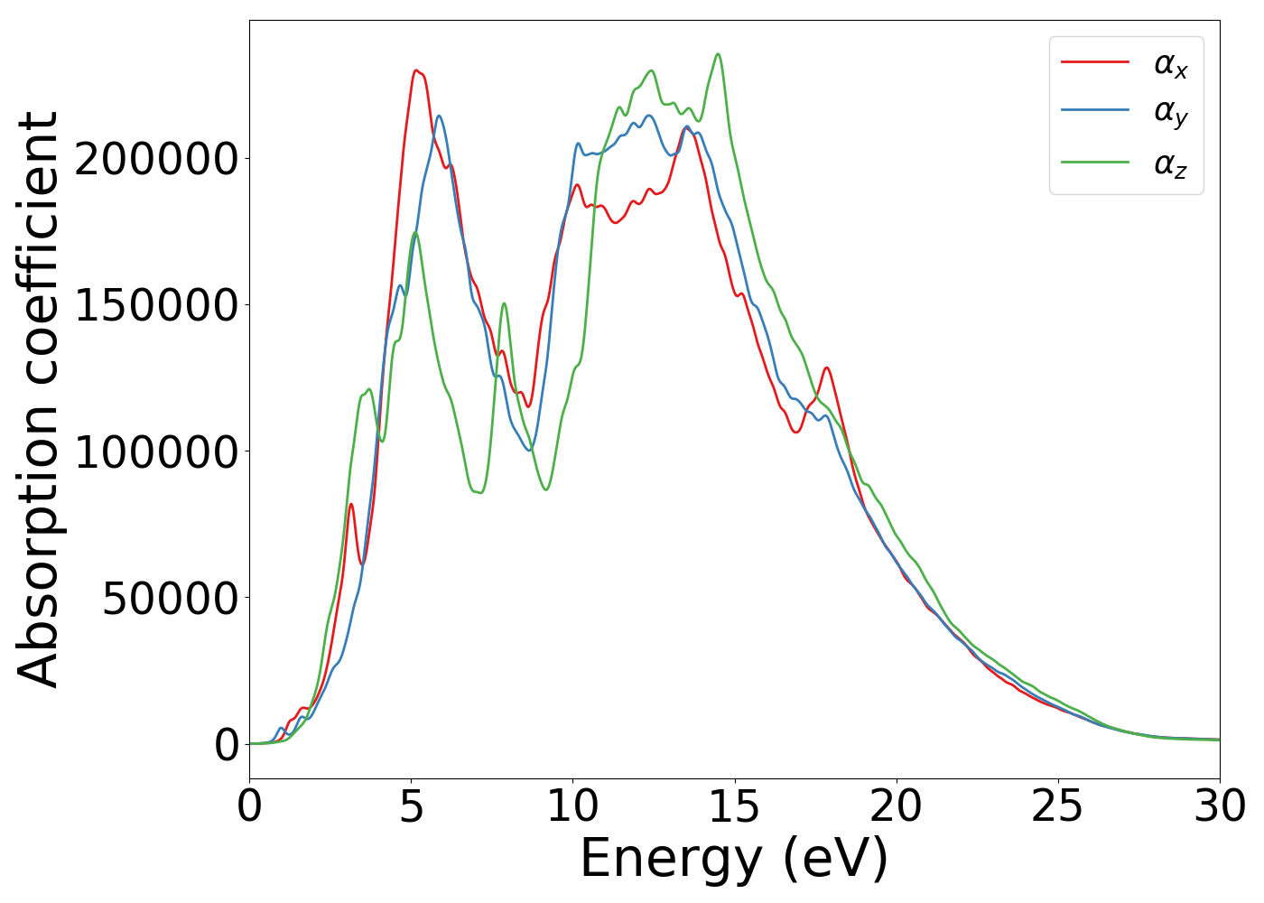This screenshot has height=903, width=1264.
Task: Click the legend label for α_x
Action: [x=1171, y=64]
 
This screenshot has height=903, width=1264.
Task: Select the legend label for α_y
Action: [x=1171, y=113]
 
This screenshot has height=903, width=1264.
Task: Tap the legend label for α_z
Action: [x=1171, y=164]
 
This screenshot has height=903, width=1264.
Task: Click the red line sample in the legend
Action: [x=1094, y=61]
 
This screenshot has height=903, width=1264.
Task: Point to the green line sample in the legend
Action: [x=1094, y=163]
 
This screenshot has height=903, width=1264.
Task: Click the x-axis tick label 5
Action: [x=411, y=806]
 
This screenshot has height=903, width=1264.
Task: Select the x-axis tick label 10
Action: [x=572, y=806]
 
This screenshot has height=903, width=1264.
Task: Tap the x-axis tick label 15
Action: [x=734, y=806]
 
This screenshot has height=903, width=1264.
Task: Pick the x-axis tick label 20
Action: [x=897, y=806]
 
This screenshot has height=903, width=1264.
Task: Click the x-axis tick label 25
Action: [x=1058, y=806]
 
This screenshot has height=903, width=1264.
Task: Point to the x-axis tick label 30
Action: [x=1219, y=806]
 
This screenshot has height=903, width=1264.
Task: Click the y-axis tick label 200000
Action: [x=155, y=159]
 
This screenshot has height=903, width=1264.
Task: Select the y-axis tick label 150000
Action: [x=155, y=305]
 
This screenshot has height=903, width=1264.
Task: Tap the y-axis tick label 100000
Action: [x=155, y=451]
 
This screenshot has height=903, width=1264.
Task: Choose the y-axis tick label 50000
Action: [x=170, y=598]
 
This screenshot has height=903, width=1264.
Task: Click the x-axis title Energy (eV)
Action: [x=734, y=858]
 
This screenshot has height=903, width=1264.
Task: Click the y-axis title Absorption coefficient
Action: [x=38, y=399]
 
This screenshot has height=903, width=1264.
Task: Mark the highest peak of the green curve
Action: [x=718, y=54]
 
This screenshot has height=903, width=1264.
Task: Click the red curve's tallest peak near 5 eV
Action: [x=415, y=70]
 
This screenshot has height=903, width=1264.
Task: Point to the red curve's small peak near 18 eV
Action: [x=826, y=368]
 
